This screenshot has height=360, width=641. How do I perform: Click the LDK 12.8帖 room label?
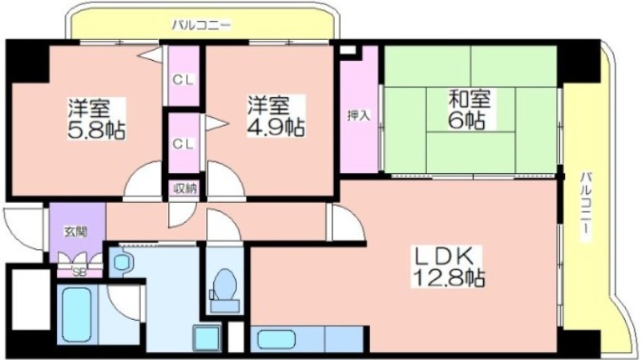(x=449, y=267)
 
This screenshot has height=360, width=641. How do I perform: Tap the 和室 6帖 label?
(x=470, y=109)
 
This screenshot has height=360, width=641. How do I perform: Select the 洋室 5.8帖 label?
(x=96, y=119)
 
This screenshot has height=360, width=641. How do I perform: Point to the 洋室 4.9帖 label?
(x=276, y=116)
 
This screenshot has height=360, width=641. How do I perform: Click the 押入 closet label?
(x=358, y=115)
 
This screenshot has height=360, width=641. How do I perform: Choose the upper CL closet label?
(x=183, y=79)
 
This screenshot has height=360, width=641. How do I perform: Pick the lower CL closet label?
(x=183, y=144)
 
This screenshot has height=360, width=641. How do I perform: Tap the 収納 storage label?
(x=185, y=188)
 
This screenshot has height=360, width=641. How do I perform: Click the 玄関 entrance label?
(x=76, y=232)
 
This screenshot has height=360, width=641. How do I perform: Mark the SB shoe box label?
(x=79, y=272)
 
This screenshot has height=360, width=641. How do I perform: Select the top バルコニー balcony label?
(x=201, y=26)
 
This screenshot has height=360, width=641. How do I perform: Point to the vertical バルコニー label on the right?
(x=587, y=204)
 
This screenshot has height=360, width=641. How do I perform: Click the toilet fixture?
(x=224, y=290)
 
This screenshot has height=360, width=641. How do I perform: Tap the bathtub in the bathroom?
(x=76, y=314)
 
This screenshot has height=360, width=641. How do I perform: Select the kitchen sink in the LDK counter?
(x=276, y=339)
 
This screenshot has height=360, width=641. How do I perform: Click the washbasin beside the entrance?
(x=122, y=262)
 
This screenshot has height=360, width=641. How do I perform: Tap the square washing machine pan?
(x=207, y=338)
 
